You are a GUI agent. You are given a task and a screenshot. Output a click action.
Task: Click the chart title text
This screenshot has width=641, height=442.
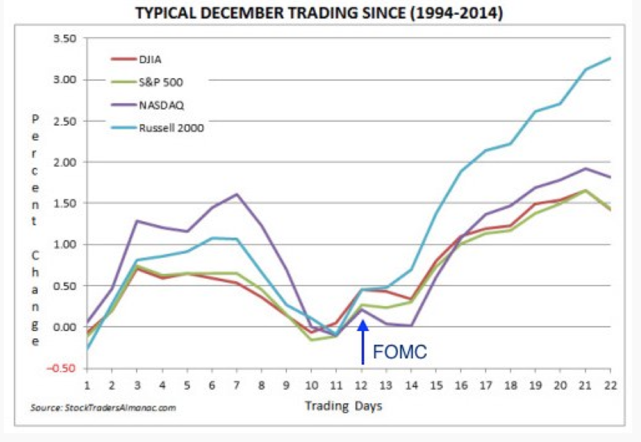pyautogui.click(x=319, y=14)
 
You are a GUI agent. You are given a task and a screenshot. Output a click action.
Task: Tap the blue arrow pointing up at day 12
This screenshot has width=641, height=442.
pyautogui.click(x=363, y=342)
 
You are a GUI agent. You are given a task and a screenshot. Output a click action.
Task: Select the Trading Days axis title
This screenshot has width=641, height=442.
pyautogui.click(x=343, y=405)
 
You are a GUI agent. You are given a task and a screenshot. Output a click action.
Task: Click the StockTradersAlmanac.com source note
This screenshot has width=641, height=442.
pyautogui.click(x=103, y=407)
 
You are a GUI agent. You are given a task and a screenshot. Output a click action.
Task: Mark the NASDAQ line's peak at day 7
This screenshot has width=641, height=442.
pyautogui.click(x=237, y=194)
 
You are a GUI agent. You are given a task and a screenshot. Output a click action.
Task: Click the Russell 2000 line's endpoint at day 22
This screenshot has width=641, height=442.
pyautogui.click(x=610, y=58)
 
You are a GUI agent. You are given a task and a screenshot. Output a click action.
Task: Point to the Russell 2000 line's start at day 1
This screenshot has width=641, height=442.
pyautogui.click(x=88, y=348)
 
